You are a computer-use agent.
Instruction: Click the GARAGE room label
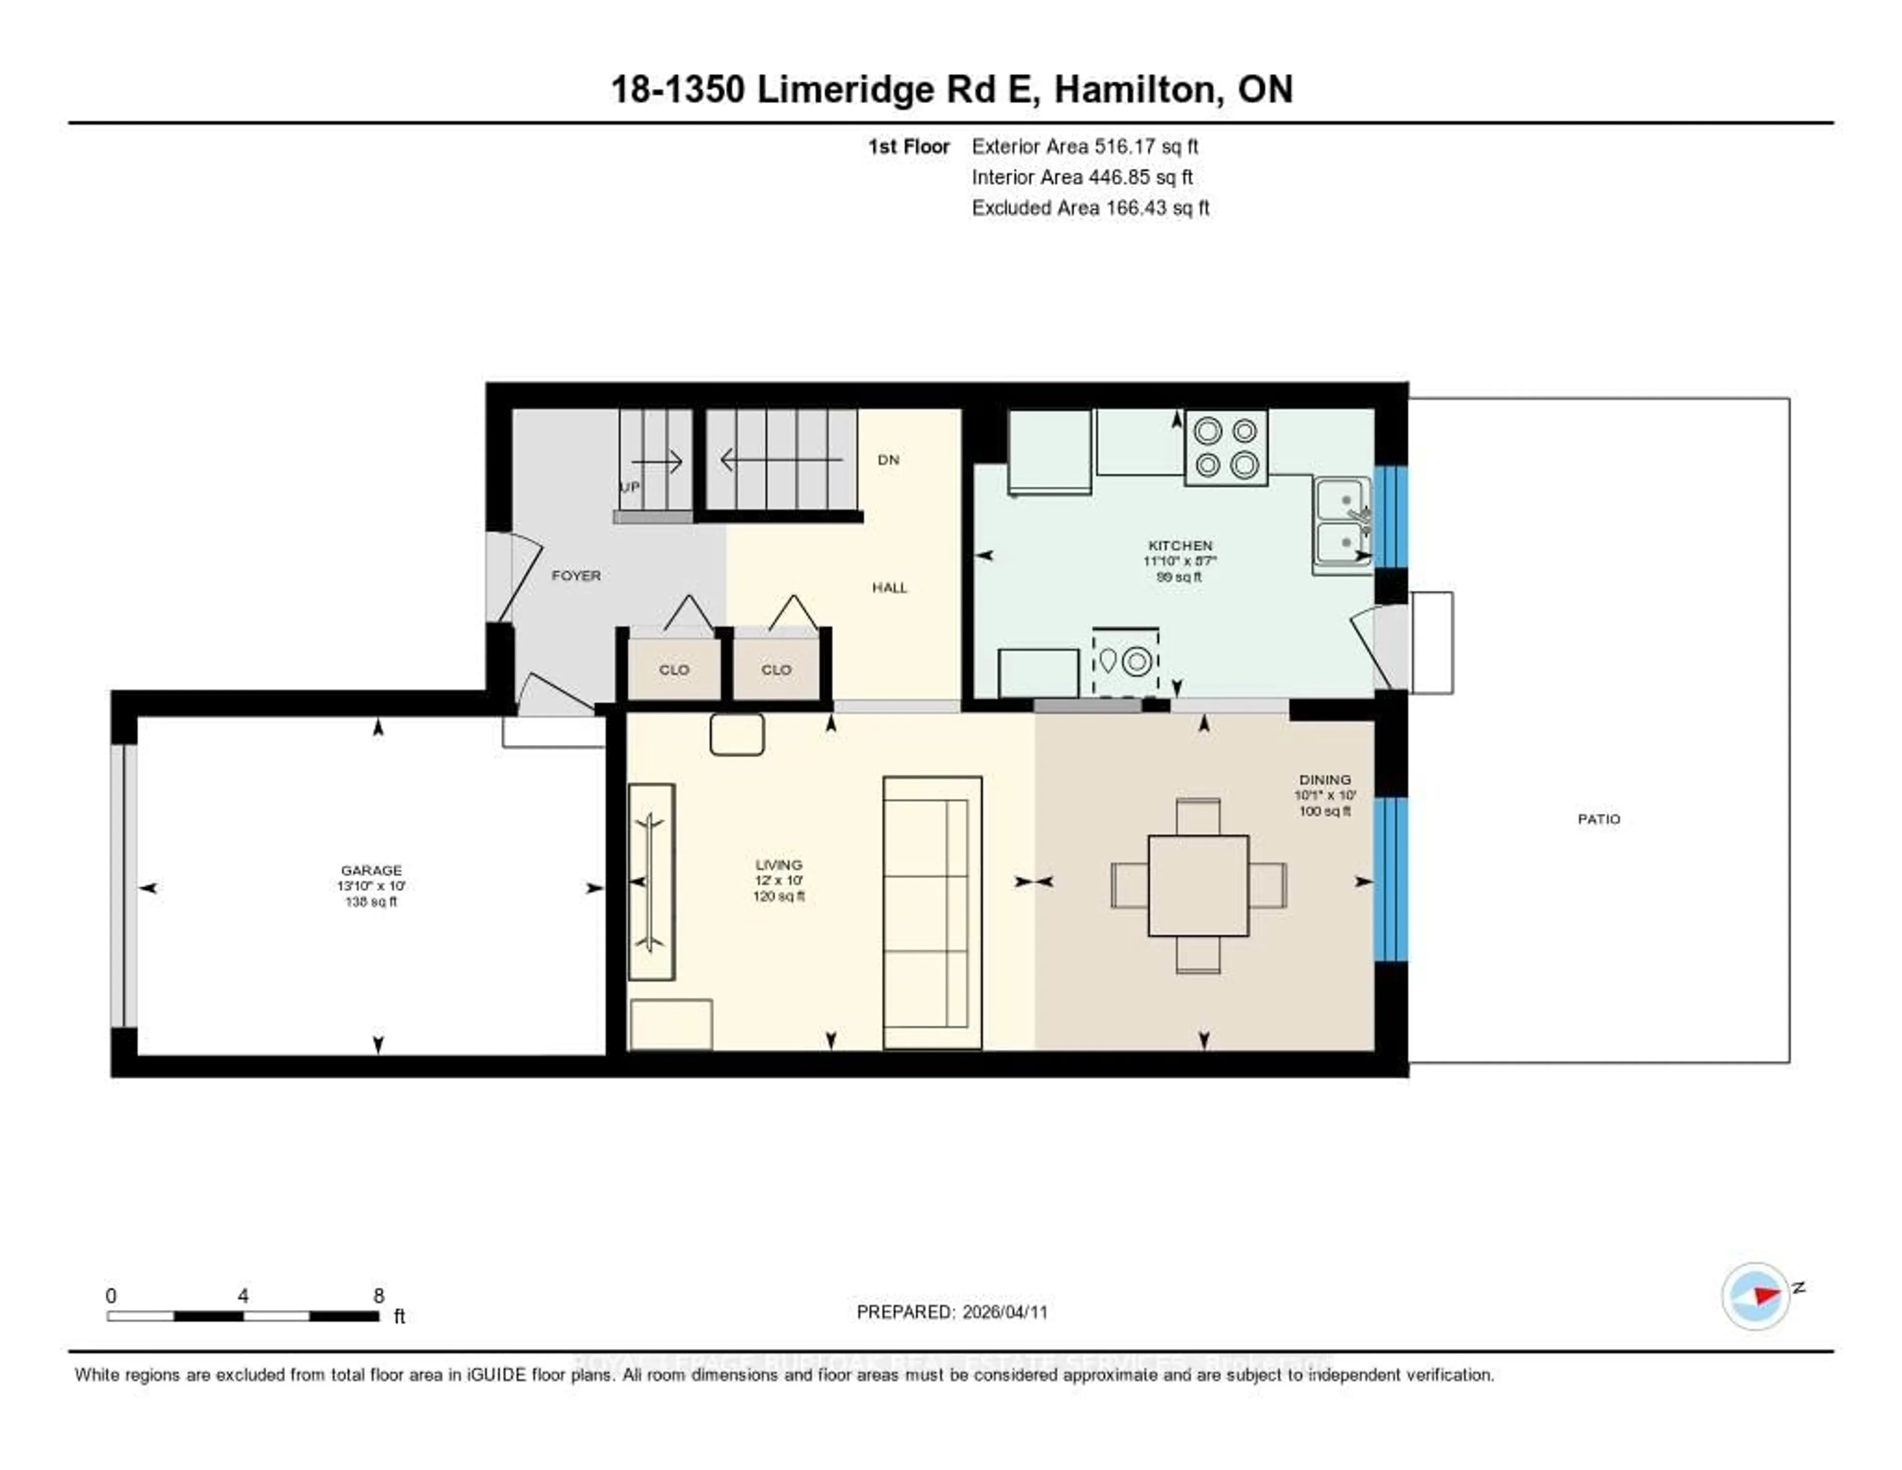(371, 870)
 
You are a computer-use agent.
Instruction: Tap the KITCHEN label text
(1179, 546)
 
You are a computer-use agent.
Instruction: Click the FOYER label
(576, 575)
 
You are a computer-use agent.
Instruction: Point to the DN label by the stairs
(888, 459)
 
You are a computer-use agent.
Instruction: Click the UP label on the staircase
(629, 486)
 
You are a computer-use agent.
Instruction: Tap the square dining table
(1198, 885)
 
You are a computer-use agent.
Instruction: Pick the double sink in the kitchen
(1341, 524)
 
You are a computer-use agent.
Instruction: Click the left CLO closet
(673, 669)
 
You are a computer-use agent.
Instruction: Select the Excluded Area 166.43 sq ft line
(1090, 207)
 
